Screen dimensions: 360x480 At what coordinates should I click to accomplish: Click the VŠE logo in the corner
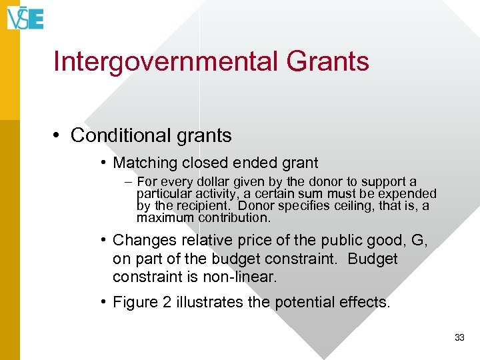click(x=25, y=17)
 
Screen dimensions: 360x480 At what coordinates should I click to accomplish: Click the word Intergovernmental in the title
click(x=165, y=61)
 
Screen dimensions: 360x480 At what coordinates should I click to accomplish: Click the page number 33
click(x=459, y=338)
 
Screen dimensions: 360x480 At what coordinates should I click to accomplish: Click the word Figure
click(x=135, y=302)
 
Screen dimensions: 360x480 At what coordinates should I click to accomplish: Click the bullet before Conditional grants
click(x=59, y=135)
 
